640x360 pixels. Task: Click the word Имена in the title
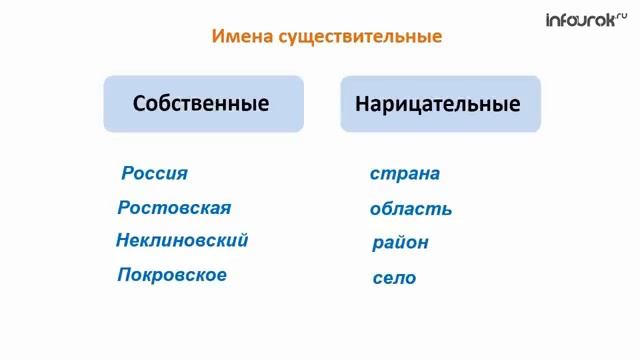tap(238, 37)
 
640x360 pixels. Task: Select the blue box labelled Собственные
tap(203, 103)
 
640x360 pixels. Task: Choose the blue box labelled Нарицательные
tap(440, 103)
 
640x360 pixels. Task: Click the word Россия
tap(155, 173)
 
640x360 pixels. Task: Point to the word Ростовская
tap(174, 208)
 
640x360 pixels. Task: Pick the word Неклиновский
tap(182, 240)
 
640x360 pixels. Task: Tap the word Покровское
tap(172, 274)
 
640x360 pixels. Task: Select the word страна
tap(405, 173)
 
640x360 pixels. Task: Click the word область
tap(410, 209)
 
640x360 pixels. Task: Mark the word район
tap(400, 242)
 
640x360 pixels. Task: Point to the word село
tap(394, 278)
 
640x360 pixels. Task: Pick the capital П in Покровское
tap(124, 274)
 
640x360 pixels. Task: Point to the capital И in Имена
tap(218, 37)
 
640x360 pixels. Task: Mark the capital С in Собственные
tap(139, 103)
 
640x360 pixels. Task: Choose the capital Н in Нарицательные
tap(363, 103)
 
